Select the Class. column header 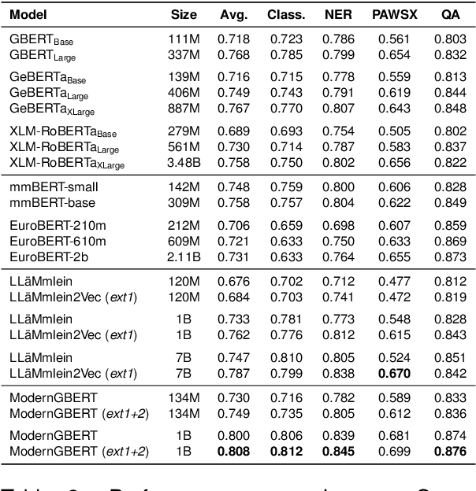pyautogui.click(x=286, y=14)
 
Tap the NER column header pyautogui.click(x=337, y=14)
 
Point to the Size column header pyautogui.click(x=184, y=14)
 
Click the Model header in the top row pyautogui.click(x=26, y=14)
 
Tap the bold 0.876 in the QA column pyautogui.click(x=447, y=451)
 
